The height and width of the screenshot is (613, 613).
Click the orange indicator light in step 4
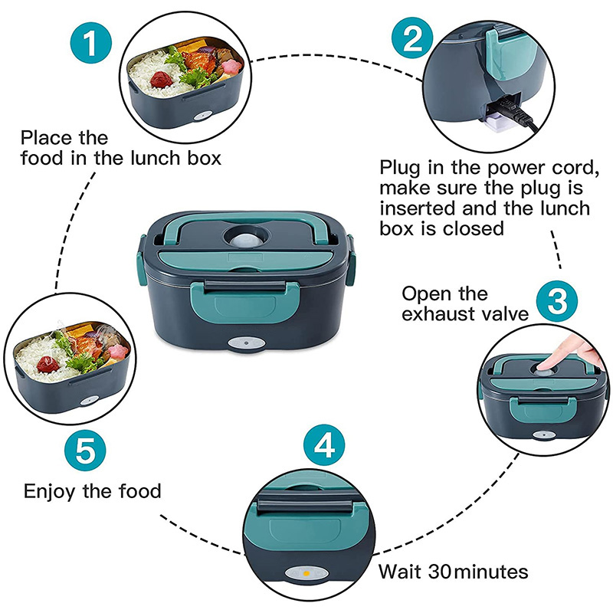(x=304, y=572)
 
